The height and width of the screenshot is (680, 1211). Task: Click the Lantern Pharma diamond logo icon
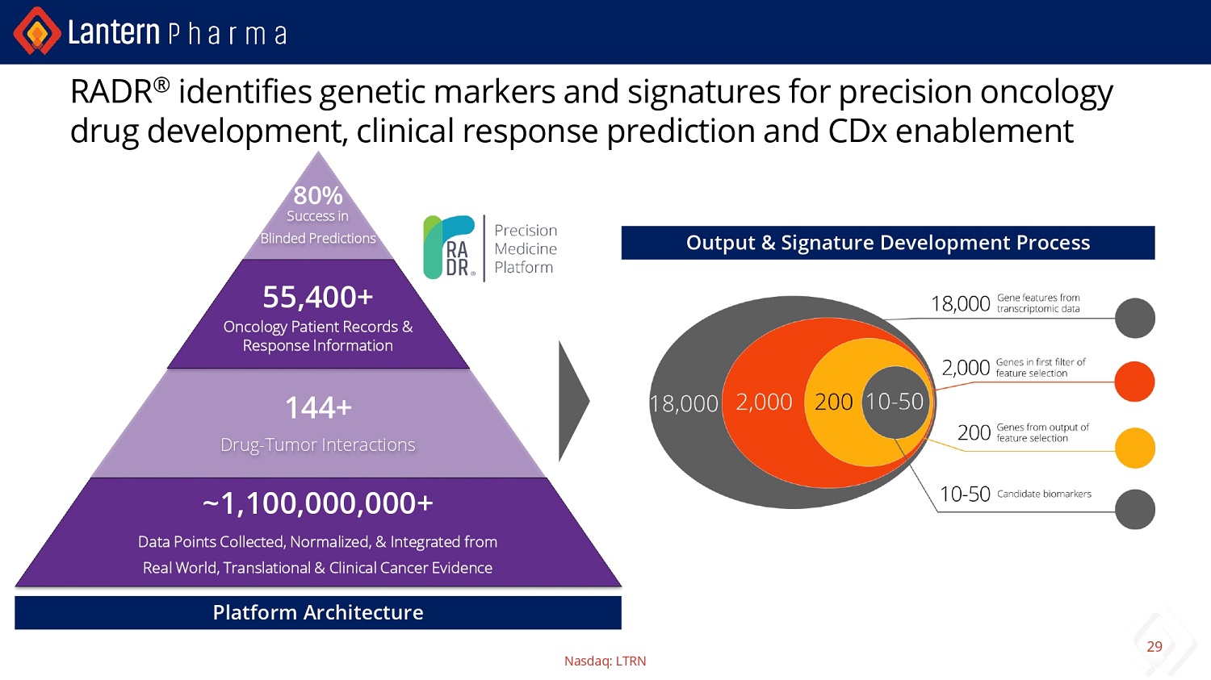[37, 31]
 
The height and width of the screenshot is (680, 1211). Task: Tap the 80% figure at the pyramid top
[318, 195]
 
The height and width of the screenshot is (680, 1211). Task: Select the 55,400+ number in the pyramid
[318, 297]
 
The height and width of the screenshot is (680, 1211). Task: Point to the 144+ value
[318, 407]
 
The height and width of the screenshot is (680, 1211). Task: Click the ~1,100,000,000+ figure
[318, 503]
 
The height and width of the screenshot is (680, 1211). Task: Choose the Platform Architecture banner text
[318, 612]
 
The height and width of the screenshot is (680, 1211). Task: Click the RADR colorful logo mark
[449, 247]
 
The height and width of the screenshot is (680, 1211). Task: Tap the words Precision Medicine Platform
[526, 248]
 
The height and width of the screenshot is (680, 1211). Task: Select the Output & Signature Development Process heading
[888, 243]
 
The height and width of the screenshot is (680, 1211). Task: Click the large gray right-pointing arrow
[573, 401]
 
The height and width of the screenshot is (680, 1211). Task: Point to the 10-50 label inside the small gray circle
[895, 401]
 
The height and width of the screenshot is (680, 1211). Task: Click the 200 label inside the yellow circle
[834, 402]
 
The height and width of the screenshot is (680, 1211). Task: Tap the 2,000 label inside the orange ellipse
[764, 402]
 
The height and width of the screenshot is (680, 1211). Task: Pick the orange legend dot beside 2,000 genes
[1135, 382]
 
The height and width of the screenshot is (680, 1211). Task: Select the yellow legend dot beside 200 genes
[1135, 448]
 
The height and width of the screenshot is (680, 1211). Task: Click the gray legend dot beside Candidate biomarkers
[1135, 509]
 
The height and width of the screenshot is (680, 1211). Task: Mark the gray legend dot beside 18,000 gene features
[1135, 318]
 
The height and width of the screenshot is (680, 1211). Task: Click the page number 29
[1154, 646]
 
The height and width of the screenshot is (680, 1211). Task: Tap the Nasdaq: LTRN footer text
[605, 661]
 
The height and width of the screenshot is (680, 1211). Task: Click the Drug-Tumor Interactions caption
[318, 444]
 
